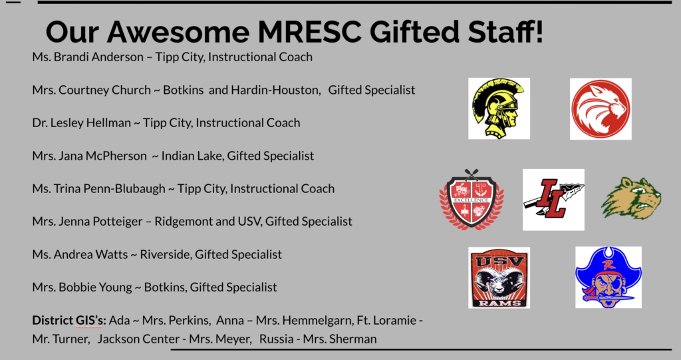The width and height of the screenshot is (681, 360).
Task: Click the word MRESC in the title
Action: point(309,32)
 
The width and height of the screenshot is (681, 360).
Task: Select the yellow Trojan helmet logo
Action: point(499,108)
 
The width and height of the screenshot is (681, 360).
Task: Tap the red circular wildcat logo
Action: point(601,109)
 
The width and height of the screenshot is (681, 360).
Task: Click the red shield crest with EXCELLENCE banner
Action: point(472,200)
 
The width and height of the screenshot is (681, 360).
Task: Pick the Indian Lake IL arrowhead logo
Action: point(553,200)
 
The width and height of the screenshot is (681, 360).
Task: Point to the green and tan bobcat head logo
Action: point(631,198)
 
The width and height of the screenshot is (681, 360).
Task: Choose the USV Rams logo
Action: point(499,277)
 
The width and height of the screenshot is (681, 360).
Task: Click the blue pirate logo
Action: point(609,277)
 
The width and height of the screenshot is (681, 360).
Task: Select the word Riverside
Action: point(166,254)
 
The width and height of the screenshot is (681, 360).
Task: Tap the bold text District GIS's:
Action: point(69,321)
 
